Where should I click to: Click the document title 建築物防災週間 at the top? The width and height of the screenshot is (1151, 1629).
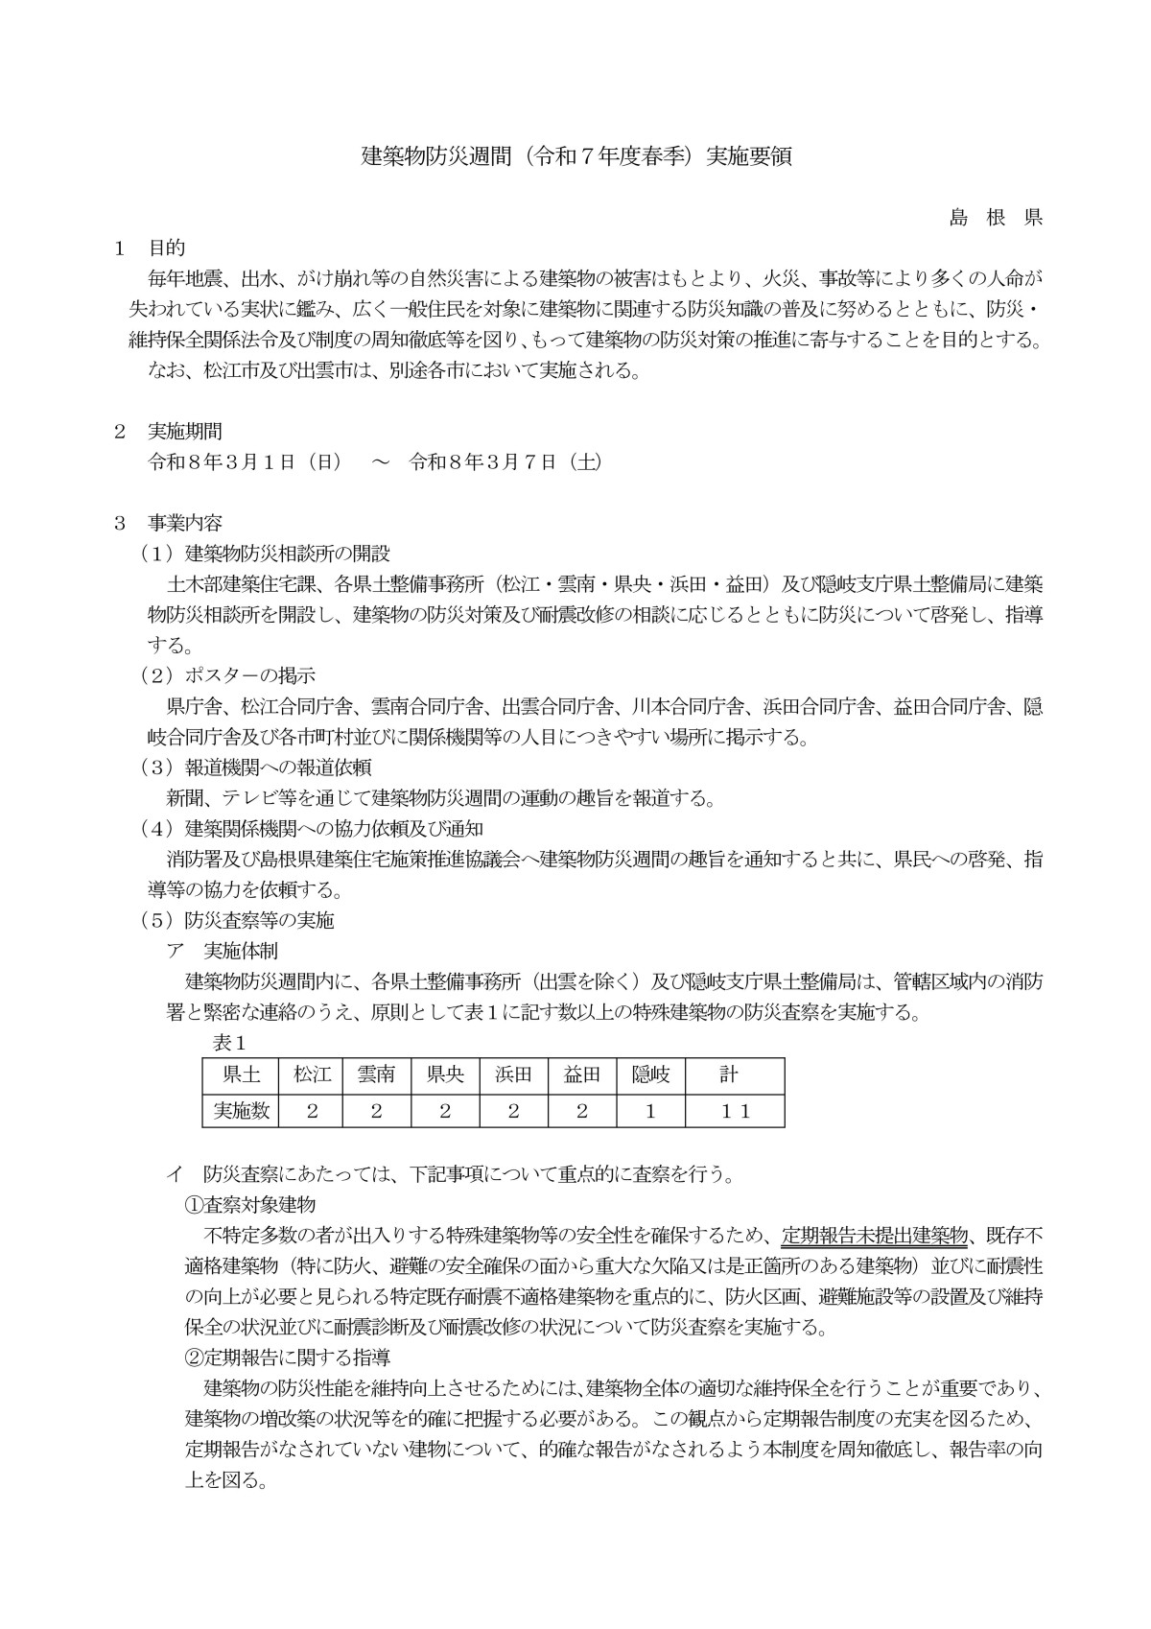pyautogui.click(x=575, y=156)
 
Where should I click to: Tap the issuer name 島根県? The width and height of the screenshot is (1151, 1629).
pyautogui.click(x=995, y=217)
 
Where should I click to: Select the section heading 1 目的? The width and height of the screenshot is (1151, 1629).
pyautogui.click(x=150, y=248)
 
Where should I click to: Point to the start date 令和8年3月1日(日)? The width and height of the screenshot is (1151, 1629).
pyautogui.click(x=245, y=461)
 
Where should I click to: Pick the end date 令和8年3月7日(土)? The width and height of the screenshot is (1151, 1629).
pyautogui.click(x=505, y=461)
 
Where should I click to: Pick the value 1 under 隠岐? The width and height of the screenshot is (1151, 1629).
pyautogui.click(x=650, y=1111)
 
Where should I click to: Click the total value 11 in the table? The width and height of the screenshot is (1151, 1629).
pyautogui.click(x=735, y=1111)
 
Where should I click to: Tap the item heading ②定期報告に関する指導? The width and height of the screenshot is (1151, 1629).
pyautogui.click(x=288, y=1357)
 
